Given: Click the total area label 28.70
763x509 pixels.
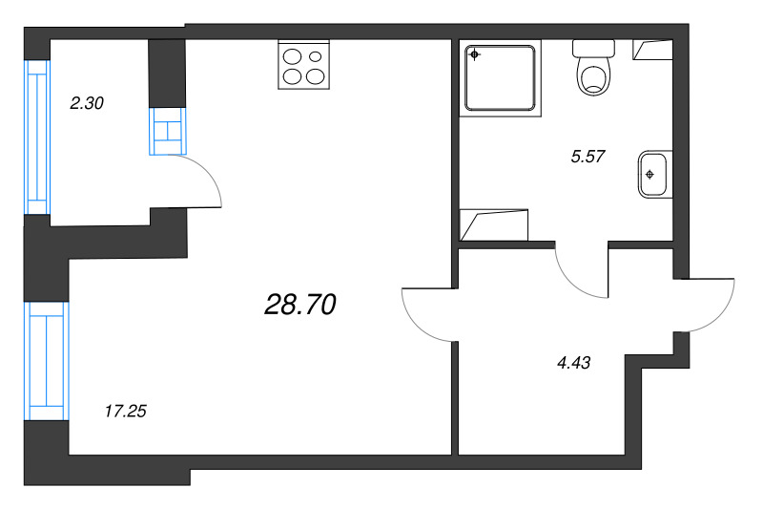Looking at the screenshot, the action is pos(300,305).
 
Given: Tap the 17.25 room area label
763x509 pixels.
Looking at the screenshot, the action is pos(126,412).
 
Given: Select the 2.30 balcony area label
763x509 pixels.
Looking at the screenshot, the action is pos(87,103).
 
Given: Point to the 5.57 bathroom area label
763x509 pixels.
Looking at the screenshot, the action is pos(588,157).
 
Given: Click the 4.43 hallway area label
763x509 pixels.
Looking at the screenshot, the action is pos(574,363).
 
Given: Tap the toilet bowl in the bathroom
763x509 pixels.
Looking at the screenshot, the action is pos(593,76).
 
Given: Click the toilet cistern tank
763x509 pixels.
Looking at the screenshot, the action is pos(593,48).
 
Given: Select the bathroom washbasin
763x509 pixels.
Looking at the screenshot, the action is pos(655,175).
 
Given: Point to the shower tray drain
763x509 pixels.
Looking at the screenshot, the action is pos(474,54).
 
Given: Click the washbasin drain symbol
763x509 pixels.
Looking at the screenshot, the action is pos(650,175).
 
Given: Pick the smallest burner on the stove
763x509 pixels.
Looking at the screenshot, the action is pos(316,56).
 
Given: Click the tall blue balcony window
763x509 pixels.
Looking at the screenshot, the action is pos(38,137).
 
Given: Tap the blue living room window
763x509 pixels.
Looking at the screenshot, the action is pos(47,361).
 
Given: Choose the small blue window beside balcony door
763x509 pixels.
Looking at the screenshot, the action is pos(168,131).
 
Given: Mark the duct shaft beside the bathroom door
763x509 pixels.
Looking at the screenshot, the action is pos(494,225).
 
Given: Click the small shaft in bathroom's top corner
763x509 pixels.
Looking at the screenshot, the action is pos(652,50).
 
